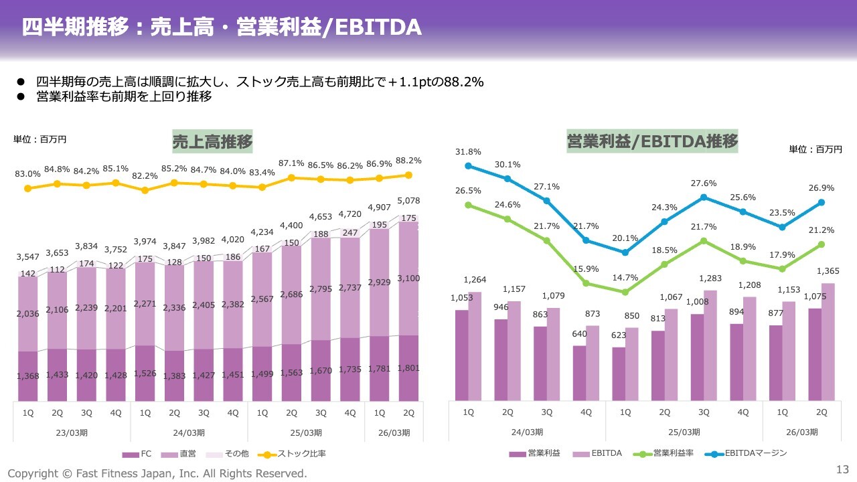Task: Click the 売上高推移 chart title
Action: pyautogui.click(x=212, y=142)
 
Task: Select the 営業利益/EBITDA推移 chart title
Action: pyautogui.click(x=652, y=141)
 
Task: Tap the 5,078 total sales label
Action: pyautogui.click(x=409, y=200)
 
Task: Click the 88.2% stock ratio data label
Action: pyautogui.click(x=409, y=161)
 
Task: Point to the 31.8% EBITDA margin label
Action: pyautogui.click(x=468, y=152)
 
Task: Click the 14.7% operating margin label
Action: pyautogui.click(x=624, y=278)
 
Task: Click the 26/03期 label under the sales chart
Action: pyautogui.click(x=394, y=432)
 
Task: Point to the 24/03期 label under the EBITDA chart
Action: pyautogui.click(x=526, y=432)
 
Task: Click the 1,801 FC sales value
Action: pyautogui.click(x=409, y=368)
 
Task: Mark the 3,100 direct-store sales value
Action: pyautogui.click(x=409, y=278)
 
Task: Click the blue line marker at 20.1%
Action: pyautogui.click(x=625, y=252)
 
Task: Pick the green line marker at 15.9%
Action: pyautogui.click(x=586, y=283)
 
